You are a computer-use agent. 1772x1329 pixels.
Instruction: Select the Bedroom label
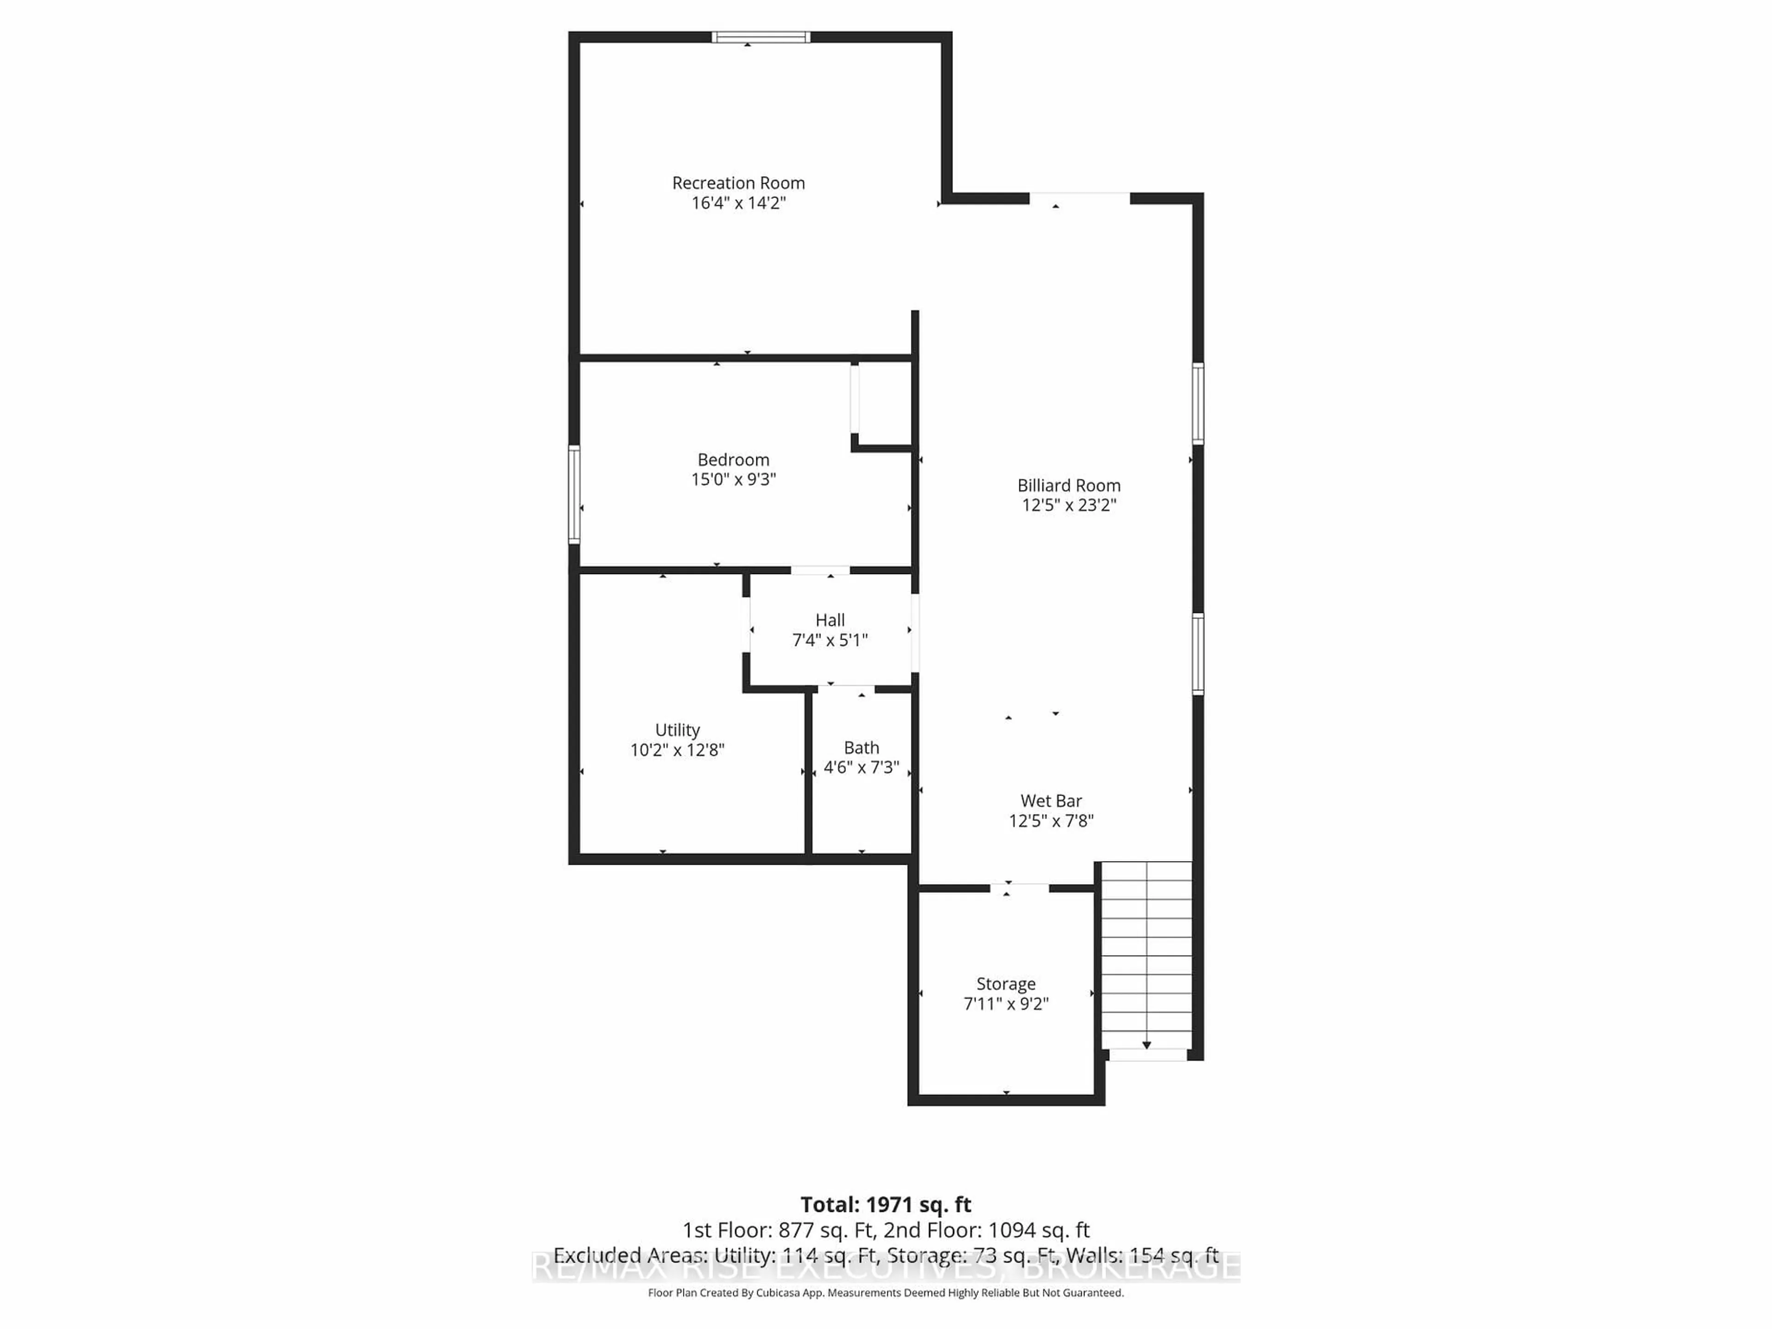(x=733, y=460)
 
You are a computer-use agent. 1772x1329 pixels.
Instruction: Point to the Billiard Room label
(x=1069, y=485)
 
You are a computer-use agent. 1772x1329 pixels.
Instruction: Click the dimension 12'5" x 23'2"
(x=1069, y=505)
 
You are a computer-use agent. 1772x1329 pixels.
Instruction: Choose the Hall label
(x=830, y=620)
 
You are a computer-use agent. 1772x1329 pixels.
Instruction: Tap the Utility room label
(x=677, y=730)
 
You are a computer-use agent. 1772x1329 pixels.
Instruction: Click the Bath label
(x=861, y=748)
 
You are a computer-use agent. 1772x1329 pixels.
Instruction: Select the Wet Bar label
(x=1051, y=801)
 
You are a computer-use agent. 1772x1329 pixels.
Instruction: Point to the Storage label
(x=1006, y=984)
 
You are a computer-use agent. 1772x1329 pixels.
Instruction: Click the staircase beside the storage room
(x=1146, y=953)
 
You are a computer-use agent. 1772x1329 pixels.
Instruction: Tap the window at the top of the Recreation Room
(x=761, y=37)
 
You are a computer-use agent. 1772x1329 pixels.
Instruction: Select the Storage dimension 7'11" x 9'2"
(x=1006, y=1004)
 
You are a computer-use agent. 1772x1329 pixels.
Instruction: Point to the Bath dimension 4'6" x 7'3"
(x=861, y=767)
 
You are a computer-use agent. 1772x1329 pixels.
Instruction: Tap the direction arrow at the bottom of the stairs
(x=1146, y=1045)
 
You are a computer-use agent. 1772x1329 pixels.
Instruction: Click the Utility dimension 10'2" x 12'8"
(x=677, y=750)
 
